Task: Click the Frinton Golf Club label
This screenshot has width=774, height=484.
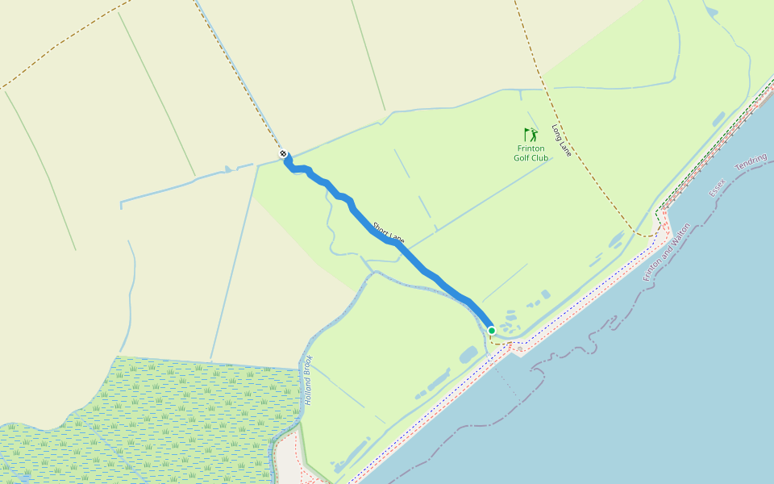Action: tap(531, 153)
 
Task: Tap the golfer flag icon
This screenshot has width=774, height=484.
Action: tap(530, 135)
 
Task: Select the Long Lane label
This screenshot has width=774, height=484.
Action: tap(561, 140)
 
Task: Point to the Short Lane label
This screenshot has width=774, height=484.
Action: tap(388, 232)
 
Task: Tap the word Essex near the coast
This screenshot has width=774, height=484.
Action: tap(717, 188)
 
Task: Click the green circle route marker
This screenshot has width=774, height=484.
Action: tap(492, 330)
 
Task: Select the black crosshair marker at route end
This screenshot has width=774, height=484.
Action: tap(283, 153)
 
